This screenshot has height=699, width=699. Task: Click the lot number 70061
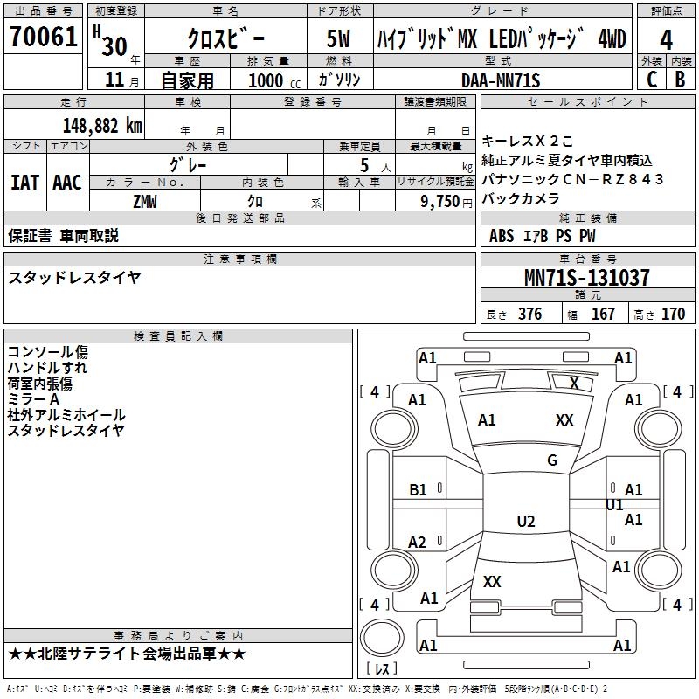tap(43, 38)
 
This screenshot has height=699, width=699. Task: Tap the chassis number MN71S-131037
tap(586, 278)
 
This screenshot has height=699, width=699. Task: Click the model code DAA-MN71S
tap(501, 80)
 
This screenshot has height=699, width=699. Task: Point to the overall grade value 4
tap(667, 39)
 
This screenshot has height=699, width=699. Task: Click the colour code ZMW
tap(145, 201)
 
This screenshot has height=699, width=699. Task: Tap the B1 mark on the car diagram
tap(419, 490)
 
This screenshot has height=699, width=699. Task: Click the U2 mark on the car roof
tap(526, 522)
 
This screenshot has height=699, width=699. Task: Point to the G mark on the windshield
tap(552, 460)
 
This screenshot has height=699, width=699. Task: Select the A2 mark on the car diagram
tap(418, 543)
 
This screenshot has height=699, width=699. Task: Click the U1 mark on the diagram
tap(615, 505)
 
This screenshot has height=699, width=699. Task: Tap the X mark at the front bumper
tap(574, 383)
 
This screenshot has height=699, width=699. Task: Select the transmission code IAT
tap(25, 182)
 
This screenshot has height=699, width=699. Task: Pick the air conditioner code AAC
tap(66, 182)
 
